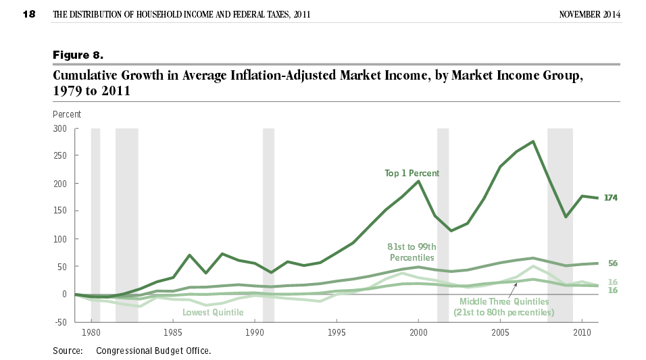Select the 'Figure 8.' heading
click(78, 53)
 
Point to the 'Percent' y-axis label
click(67, 114)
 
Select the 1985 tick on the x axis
click(172, 333)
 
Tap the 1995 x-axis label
click(337, 333)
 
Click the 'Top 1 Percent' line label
click(412, 174)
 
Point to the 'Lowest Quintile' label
click(213, 312)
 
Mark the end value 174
click(611, 198)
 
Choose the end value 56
click(613, 263)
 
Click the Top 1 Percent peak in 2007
click(533, 142)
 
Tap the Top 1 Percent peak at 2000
click(418, 181)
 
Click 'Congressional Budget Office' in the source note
click(153, 351)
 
